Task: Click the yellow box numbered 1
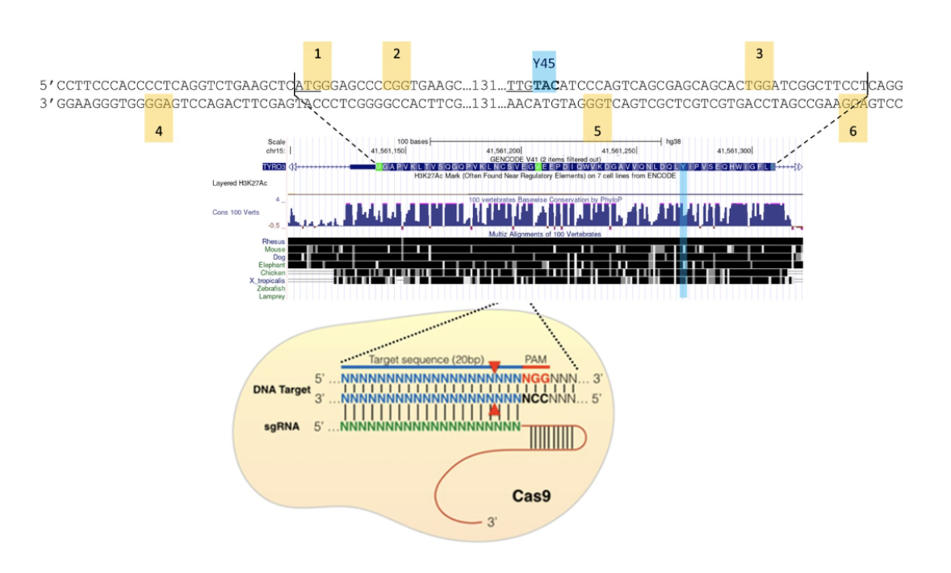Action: (317, 55)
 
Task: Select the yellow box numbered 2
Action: (396, 55)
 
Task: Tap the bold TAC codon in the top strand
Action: (546, 85)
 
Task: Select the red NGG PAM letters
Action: (535, 377)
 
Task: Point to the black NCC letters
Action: (535, 399)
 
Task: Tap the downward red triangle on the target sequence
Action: (494, 368)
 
